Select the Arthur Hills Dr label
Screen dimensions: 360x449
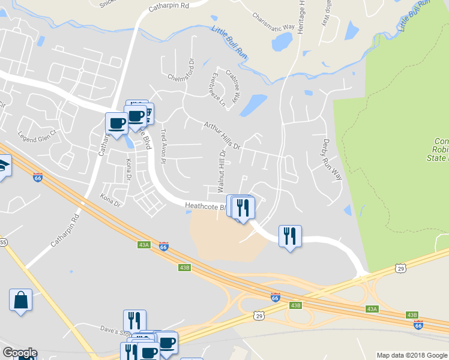221,136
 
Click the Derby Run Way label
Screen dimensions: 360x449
331,159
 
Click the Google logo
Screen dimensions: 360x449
19,353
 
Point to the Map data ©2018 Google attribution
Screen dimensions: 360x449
411,355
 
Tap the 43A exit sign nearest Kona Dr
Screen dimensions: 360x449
143,245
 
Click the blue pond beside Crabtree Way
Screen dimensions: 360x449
253,104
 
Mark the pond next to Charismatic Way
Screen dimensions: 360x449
282,41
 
